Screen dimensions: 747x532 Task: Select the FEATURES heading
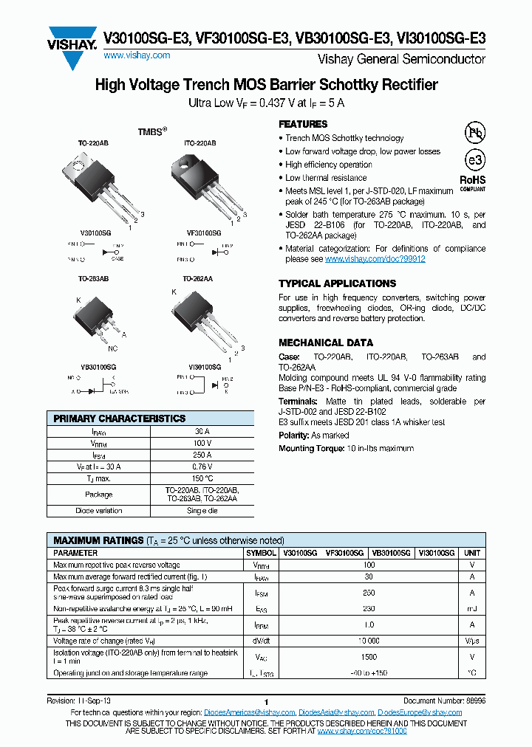[x=303, y=124]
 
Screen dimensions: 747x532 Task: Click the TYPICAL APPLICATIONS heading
[x=337, y=283]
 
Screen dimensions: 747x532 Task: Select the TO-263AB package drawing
[x=96, y=317]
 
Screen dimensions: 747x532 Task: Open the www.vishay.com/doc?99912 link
[x=375, y=260]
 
